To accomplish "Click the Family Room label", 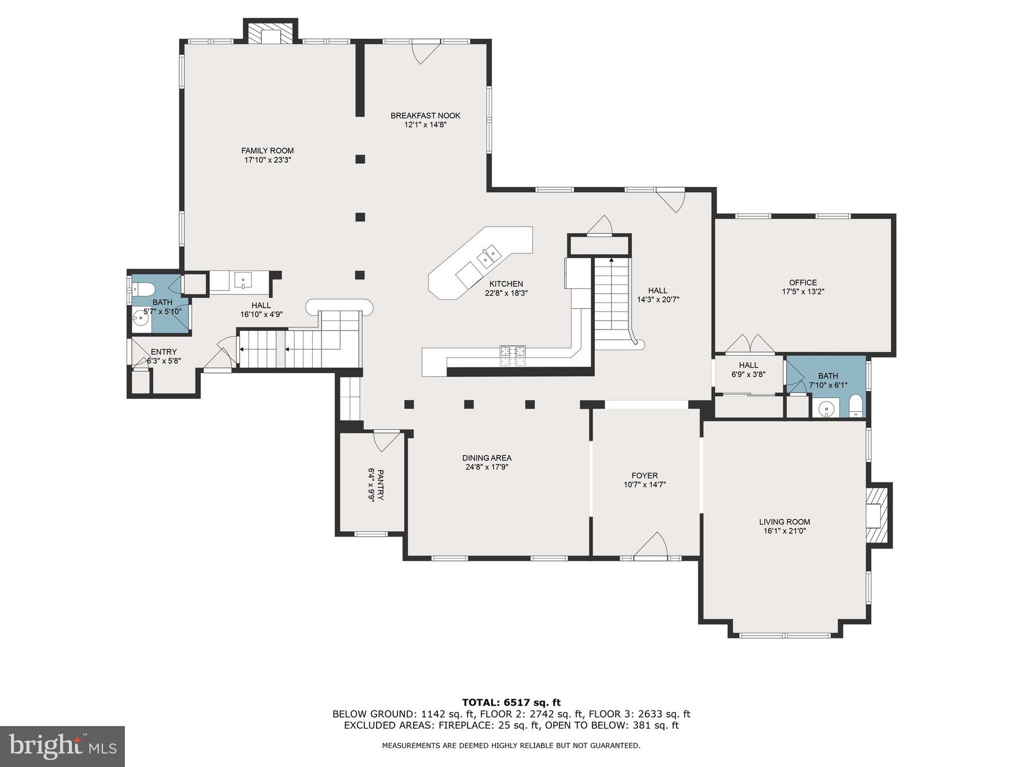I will click(267, 151).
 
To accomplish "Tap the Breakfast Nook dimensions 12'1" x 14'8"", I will click(425, 125).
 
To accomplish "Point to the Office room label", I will click(803, 283).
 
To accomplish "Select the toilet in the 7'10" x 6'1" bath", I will click(856, 406).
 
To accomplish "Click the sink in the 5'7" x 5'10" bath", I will click(140, 318).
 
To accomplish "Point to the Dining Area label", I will click(487, 458).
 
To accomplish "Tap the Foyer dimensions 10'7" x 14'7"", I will click(644, 485).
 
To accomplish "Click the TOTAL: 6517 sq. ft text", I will click(511, 703).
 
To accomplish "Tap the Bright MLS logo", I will click(62, 747).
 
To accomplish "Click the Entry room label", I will click(163, 352).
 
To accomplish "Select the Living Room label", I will click(784, 522).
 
